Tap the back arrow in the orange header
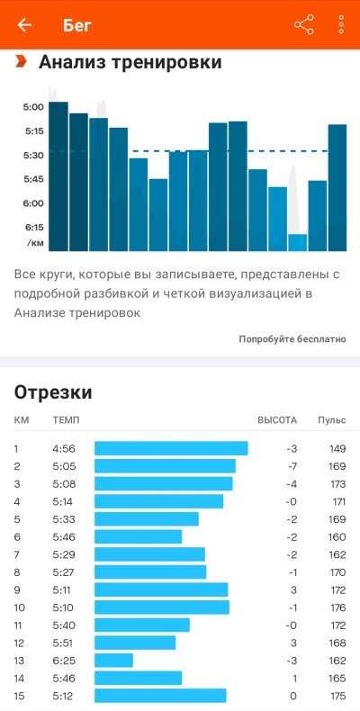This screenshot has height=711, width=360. [x=24, y=25]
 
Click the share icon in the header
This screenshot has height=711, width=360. [x=304, y=24]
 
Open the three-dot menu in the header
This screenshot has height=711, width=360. [x=341, y=24]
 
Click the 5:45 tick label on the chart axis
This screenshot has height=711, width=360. [x=34, y=179]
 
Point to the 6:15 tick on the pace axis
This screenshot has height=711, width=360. [x=34, y=227]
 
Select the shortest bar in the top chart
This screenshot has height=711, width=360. [x=297, y=242]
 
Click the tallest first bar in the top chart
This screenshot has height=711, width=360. [x=58, y=176]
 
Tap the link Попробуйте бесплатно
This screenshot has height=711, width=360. [x=292, y=339]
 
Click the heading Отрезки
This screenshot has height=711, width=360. [x=53, y=392]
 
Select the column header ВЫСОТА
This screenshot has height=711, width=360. [x=277, y=420]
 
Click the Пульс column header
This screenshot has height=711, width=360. [x=331, y=420]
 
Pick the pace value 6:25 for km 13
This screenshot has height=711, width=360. [x=63, y=661]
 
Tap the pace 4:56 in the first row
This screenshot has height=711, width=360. [x=64, y=449]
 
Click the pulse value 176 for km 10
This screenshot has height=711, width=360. [x=337, y=607]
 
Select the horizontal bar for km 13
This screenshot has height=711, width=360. [x=113, y=661]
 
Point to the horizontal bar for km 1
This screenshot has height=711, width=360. [x=171, y=448]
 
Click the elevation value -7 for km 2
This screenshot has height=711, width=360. [x=292, y=466]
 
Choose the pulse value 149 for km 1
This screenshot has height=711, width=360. [x=337, y=449]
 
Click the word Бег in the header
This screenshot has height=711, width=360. [x=77, y=25]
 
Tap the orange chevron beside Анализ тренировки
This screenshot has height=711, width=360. [x=21, y=61]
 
